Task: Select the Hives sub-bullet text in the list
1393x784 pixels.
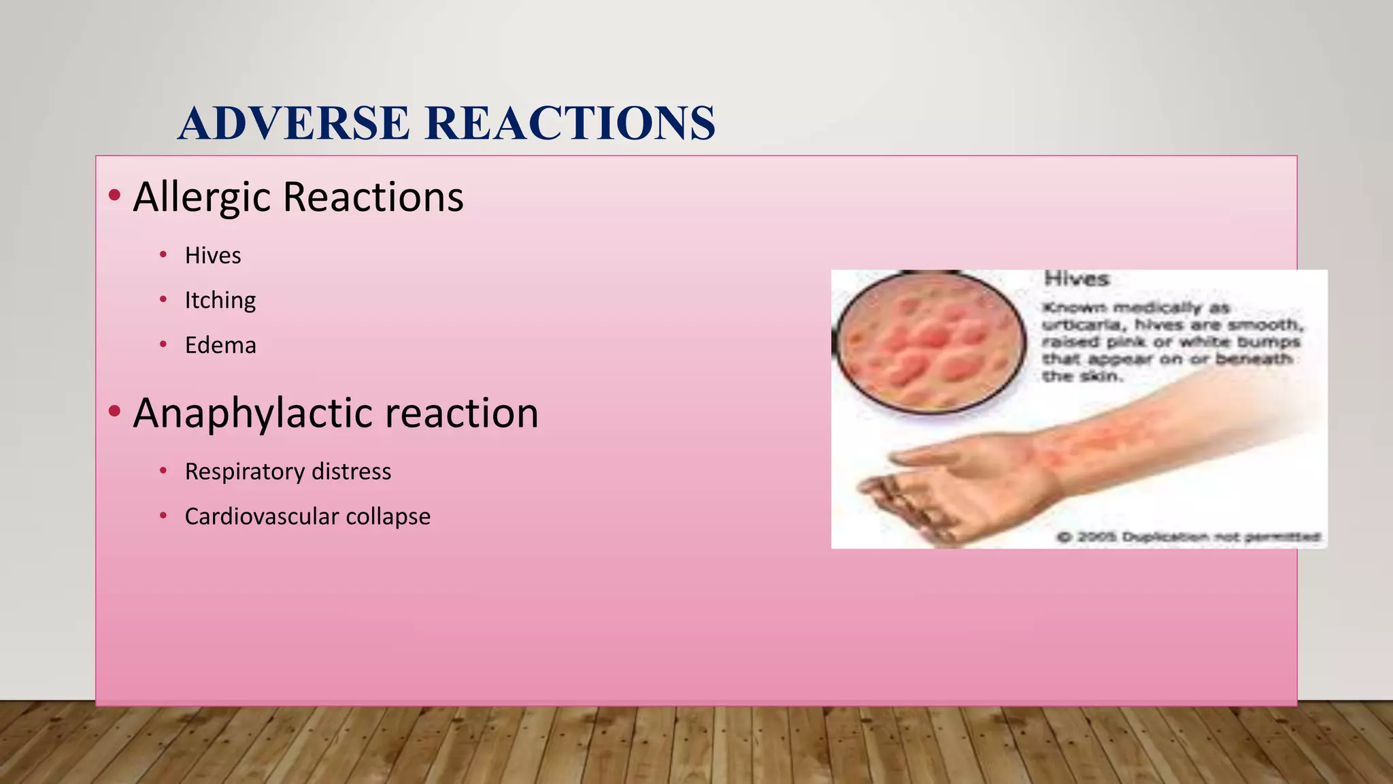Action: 213,256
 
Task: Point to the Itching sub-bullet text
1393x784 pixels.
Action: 220,300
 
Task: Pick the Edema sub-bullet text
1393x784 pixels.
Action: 220,345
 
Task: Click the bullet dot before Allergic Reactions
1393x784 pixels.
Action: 114,196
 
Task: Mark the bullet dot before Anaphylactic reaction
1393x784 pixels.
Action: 114,411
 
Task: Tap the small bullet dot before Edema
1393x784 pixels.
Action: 163,344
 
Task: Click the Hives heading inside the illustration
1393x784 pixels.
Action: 1076,279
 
